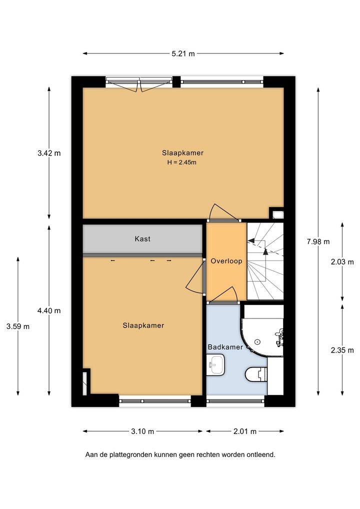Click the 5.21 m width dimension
[183, 53]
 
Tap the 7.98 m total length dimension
[318, 241]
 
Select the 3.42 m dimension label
[49, 153]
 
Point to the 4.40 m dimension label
[49, 310]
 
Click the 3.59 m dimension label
[18, 326]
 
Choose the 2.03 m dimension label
[342, 262]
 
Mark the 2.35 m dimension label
[342, 350]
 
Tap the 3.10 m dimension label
[142, 431]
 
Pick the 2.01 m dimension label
[245, 431]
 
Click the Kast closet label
[142, 239]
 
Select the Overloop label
[226, 261]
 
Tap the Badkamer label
[225, 347]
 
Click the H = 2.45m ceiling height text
[182, 162]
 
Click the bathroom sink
[215, 365]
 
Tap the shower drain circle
[257, 341]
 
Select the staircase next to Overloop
[265, 261]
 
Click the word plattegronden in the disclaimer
[131, 455]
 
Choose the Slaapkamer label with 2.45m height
[183, 153]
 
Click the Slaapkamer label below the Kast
[143, 325]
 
